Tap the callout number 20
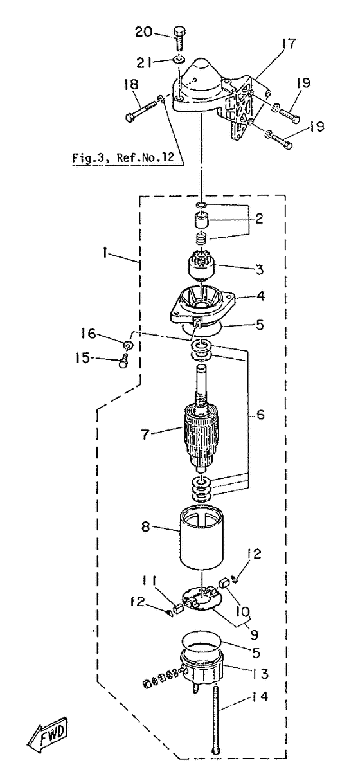(x=143, y=31)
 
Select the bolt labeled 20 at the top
(x=179, y=42)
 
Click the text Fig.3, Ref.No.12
(x=123, y=158)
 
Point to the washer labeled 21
(x=178, y=60)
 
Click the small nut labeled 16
(x=128, y=345)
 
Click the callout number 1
(x=105, y=254)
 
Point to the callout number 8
(x=146, y=526)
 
